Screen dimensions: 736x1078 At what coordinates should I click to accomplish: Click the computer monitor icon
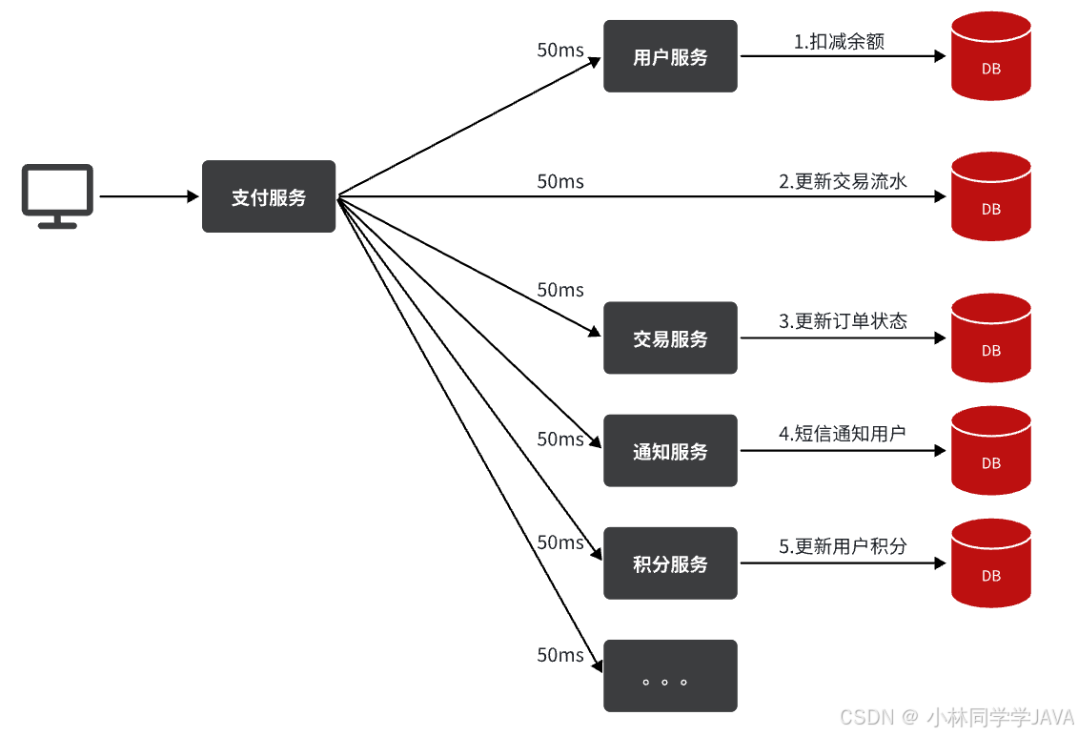58,194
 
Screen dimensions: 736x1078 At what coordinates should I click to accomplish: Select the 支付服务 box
269,196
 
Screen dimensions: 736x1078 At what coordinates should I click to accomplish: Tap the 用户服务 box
670,56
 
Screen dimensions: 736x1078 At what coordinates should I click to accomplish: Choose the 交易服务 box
670,338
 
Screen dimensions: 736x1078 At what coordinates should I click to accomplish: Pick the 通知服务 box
670,451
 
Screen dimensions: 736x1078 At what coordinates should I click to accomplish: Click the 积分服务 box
670,563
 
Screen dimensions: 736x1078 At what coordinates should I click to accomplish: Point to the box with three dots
670,676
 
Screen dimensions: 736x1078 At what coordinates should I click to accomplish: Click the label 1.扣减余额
839,42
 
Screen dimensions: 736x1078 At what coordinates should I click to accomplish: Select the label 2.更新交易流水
843,181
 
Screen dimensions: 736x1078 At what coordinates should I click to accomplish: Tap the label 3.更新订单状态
843,321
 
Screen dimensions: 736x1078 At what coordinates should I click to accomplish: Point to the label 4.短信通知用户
842,434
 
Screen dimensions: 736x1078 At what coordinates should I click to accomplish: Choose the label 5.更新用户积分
843,546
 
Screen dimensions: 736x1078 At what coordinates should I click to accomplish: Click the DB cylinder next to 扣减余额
991,56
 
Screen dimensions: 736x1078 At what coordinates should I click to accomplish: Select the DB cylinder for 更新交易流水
991,196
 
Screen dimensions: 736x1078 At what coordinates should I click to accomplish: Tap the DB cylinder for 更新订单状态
991,338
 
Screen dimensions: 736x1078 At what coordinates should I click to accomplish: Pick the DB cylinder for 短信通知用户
991,451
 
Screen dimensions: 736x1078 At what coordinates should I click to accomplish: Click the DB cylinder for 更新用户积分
991,563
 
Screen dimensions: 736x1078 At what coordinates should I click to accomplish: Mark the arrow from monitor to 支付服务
148,196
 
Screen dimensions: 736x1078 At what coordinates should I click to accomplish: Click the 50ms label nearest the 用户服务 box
560,51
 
